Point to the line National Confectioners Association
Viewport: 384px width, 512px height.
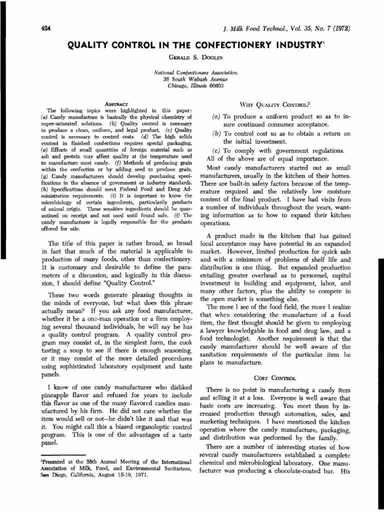pos(195,72)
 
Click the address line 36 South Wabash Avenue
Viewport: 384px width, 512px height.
pos(195,79)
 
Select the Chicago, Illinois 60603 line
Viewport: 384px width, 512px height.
pos(195,85)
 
